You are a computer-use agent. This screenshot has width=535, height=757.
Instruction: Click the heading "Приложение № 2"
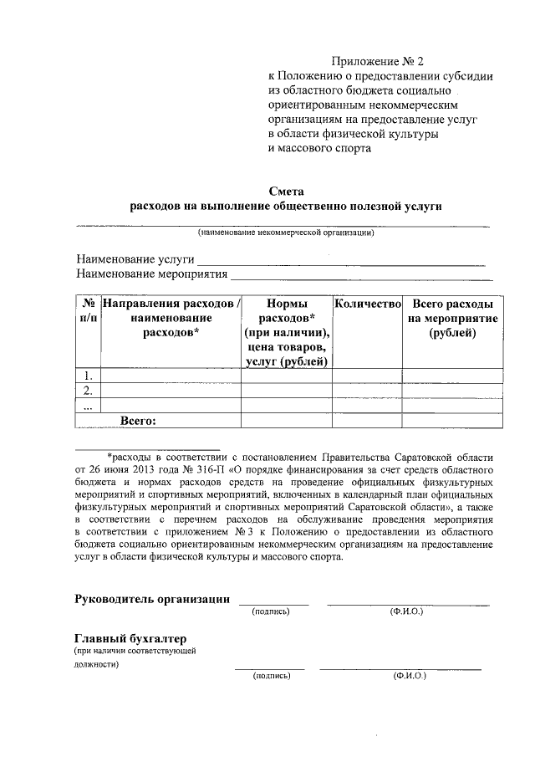(378, 61)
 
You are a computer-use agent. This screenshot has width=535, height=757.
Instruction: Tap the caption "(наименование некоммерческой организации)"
(285, 233)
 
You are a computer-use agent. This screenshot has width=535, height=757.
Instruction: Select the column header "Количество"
(368, 303)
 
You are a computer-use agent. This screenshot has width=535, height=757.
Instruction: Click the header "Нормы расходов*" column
(287, 331)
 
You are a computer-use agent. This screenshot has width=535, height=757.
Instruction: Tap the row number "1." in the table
(88, 376)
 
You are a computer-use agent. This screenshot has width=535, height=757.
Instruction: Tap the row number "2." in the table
(88, 391)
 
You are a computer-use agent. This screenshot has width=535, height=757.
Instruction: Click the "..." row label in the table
(88, 406)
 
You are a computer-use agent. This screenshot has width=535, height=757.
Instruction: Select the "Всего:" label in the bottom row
(139, 421)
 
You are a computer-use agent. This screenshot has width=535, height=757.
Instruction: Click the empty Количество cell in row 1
(368, 376)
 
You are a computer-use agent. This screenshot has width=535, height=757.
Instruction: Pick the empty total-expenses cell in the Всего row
(453, 421)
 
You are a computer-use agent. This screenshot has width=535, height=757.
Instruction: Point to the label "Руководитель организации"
(153, 598)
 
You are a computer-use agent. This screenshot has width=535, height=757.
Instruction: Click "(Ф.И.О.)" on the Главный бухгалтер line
(410, 675)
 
